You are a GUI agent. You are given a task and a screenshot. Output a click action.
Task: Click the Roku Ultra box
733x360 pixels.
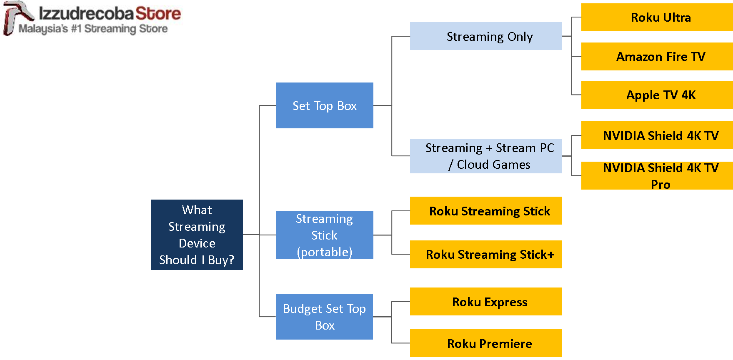[x=657, y=17]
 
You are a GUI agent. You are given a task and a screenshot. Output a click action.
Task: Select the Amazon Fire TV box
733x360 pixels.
[x=657, y=56]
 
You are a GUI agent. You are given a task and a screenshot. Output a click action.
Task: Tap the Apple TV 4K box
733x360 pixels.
[x=657, y=95]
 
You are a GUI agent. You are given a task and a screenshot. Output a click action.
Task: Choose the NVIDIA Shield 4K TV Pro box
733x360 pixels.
[x=657, y=175]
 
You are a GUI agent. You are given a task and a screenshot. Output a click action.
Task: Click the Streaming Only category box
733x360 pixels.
[x=485, y=36]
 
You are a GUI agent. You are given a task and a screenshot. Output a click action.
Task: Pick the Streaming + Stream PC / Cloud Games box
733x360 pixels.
[x=485, y=156]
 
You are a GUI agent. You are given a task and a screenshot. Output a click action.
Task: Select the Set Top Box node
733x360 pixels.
[x=324, y=105]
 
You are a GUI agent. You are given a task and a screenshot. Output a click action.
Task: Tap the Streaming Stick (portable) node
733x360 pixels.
[x=324, y=235]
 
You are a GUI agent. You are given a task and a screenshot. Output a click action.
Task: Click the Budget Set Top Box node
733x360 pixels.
[x=324, y=317]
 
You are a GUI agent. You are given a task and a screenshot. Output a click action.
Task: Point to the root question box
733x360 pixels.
[x=197, y=235]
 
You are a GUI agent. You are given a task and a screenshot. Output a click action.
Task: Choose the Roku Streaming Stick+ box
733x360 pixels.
[x=485, y=255]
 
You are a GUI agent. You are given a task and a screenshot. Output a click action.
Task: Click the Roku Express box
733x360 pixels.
[x=485, y=302]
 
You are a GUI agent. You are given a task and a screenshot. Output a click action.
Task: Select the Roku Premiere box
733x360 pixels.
[x=485, y=343]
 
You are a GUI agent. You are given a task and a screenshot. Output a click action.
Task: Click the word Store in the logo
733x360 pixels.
[x=158, y=13]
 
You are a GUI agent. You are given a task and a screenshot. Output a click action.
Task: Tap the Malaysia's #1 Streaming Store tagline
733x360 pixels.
[x=93, y=29]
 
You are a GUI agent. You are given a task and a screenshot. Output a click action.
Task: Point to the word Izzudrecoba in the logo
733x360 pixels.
[x=86, y=13]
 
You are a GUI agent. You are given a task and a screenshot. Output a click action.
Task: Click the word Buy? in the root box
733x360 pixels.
[x=221, y=260]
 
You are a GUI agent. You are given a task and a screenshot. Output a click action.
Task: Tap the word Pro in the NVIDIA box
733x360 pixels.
[x=660, y=184]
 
